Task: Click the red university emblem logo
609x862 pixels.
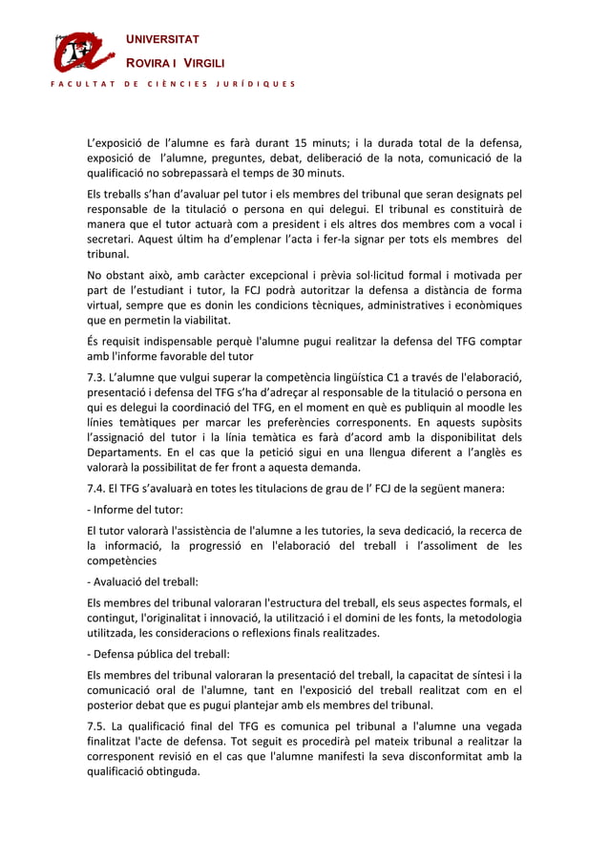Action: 84,53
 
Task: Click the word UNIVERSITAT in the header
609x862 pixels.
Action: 164,39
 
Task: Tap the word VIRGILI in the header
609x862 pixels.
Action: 203,63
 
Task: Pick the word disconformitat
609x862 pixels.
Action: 442,758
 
